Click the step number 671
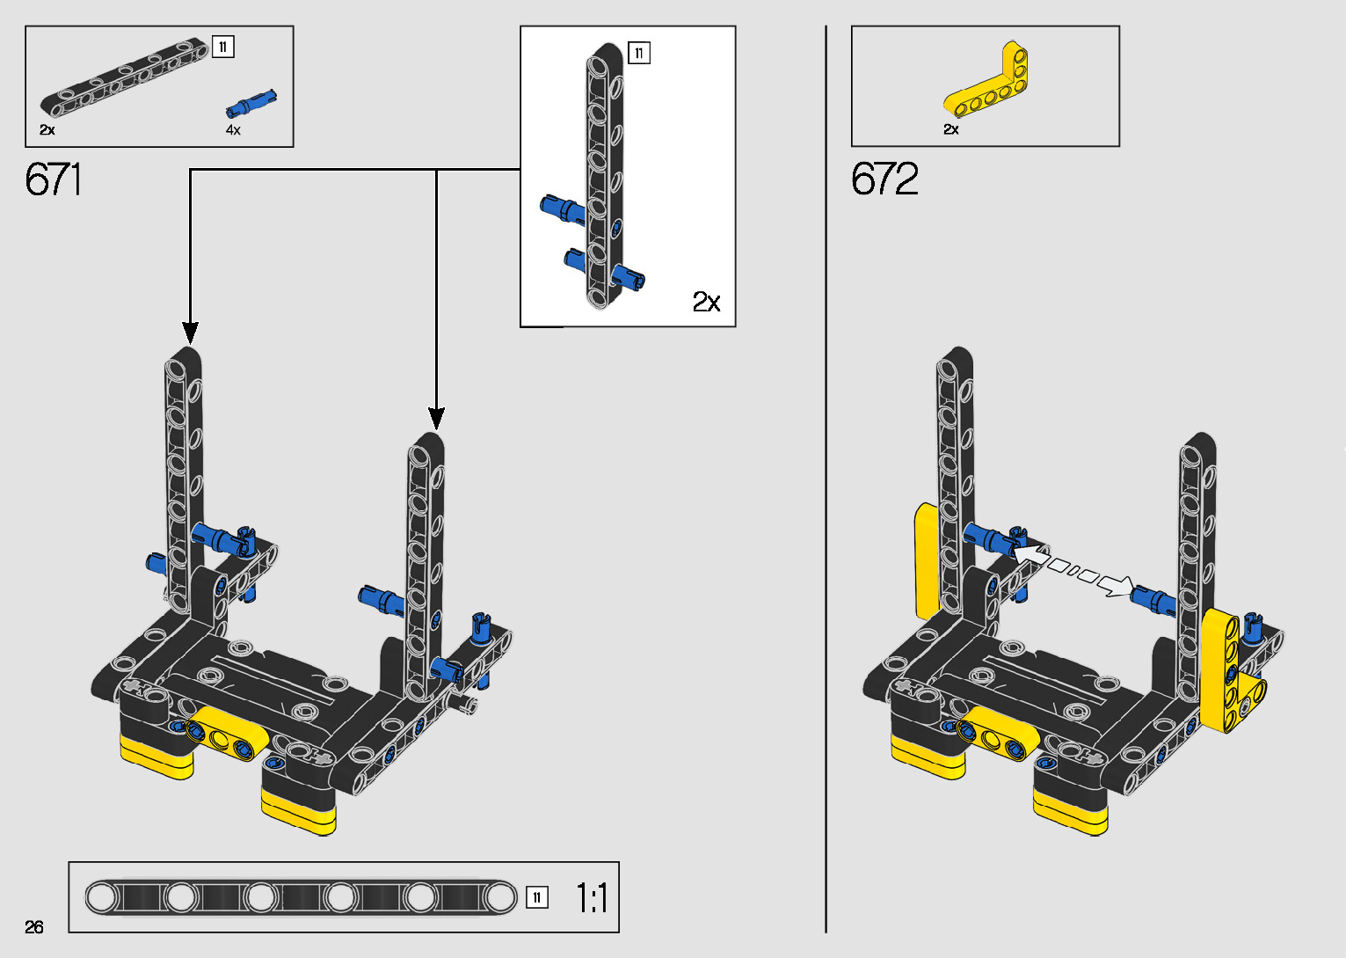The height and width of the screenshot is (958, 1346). point(53,179)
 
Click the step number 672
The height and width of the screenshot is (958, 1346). point(884,179)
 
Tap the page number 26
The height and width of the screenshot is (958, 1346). point(34,926)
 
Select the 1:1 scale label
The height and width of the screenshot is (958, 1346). point(592,898)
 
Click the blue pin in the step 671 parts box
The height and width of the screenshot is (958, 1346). point(251,104)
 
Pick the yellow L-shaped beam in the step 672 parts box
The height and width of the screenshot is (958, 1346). point(986,81)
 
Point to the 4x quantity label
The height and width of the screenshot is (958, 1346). point(233,130)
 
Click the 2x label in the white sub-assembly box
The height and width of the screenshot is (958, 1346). point(706,301)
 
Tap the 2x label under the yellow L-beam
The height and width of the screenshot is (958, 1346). point(951,129)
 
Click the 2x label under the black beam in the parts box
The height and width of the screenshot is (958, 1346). point(47,130)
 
